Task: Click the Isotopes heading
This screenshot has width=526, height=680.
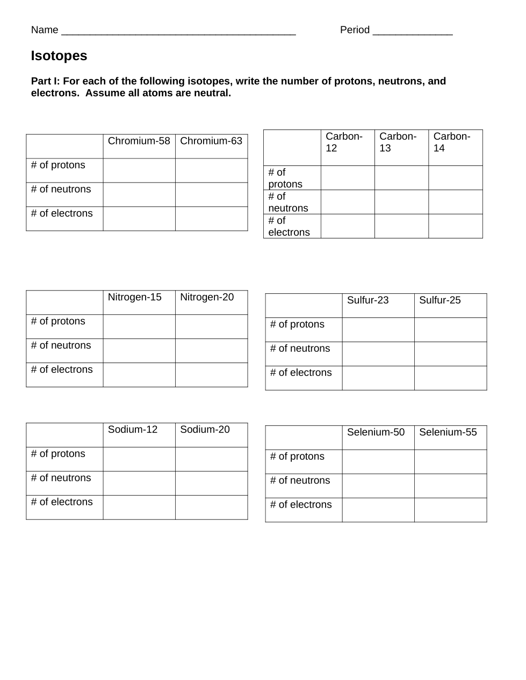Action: pyautogui.click(x=59, y=56)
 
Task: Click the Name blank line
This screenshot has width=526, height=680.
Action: pyautogui.click(x=178, y=31)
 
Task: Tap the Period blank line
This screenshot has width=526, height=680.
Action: pyautogui.click(x=412, y=31)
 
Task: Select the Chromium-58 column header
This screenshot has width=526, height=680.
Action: pyautogui.click(x=139, y=141)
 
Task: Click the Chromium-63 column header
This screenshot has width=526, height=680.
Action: pyautogui.click(x=211, y=141)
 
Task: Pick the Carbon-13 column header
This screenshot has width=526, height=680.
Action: pyautogui.click(x=398, y=142)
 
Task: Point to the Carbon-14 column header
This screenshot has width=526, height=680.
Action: pyautogui.click(x=452, y=142)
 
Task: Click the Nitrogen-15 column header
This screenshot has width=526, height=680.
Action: pyautogui.click(x=134, y=298)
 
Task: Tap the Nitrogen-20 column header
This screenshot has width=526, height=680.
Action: pyautogui.click(x=207, y=298)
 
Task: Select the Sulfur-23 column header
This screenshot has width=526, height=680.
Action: pyautogui.click(x=368, y=300)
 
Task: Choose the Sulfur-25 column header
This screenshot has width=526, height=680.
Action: pyautogui.click(x=439, y=300)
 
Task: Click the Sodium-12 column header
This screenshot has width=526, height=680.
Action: pyautogui.click(x=133, y=430)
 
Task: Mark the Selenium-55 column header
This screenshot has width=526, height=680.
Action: pyautogui.click(x=448, y=432)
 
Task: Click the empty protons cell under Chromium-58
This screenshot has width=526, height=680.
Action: pyautogui.click(x=139, y=170)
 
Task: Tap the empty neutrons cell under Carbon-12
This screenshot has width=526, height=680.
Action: pyautogui.click(x=348, y=202)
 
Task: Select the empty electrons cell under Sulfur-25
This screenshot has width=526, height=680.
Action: pyautogui.click(x=450, y=378)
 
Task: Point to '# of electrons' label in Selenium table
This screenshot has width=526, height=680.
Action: pyautogui.click(x=301, y=505)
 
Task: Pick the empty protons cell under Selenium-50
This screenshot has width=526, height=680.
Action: pyautogui.click(x=378, y=462)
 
